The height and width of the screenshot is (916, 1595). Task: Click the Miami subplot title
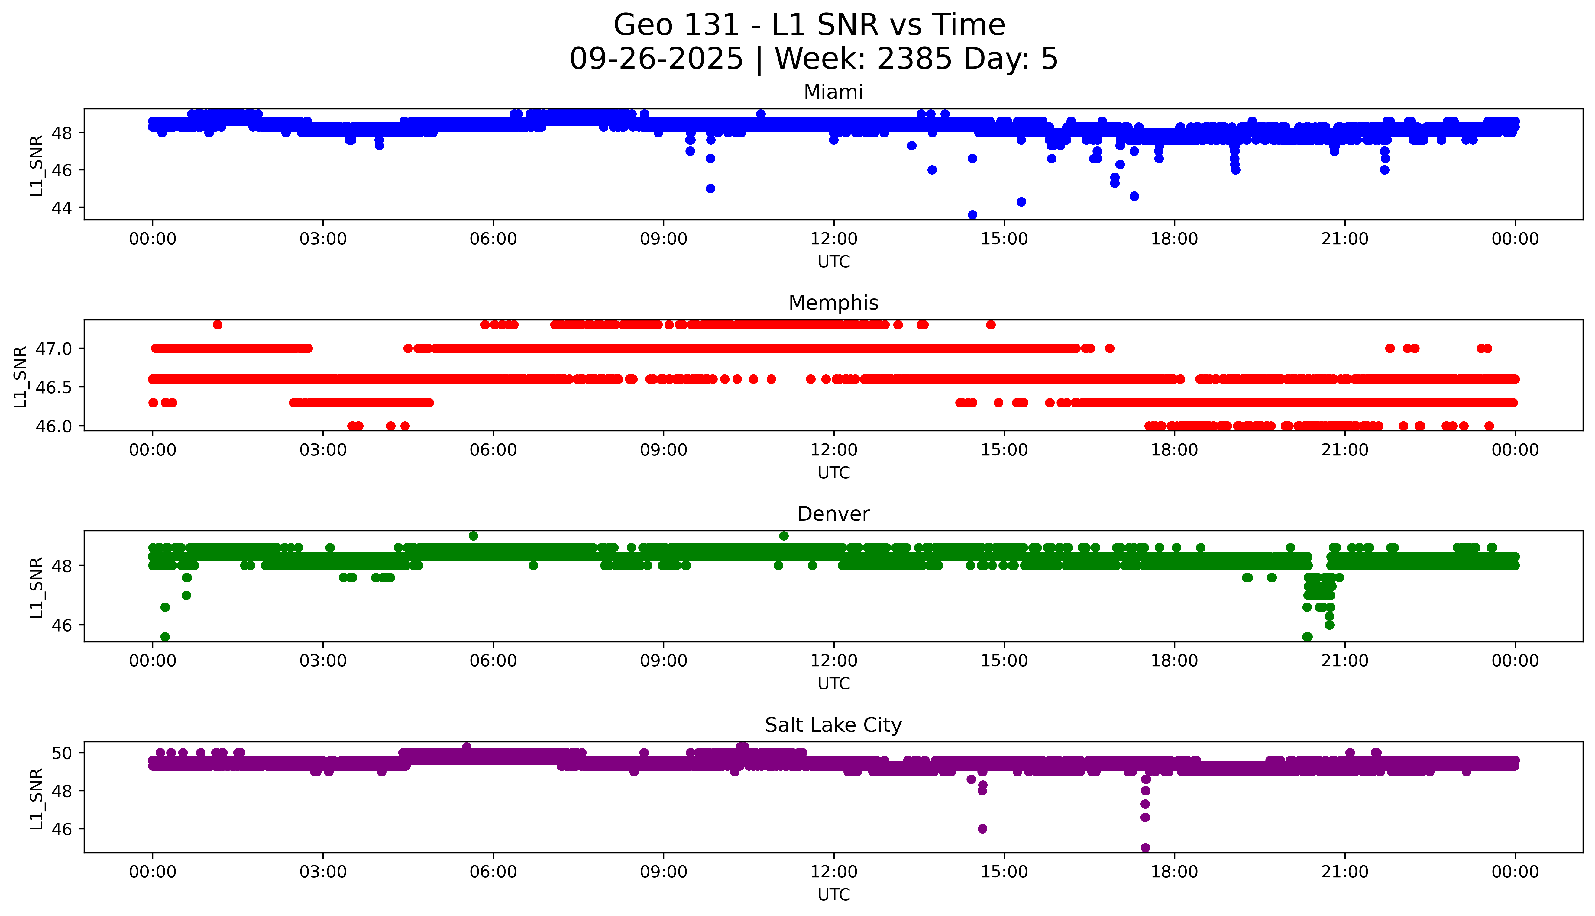pyautogui.click(x=833, y=92)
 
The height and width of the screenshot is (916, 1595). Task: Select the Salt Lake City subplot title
pyautogui.click(x=833, y=725)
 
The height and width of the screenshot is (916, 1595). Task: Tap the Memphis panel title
pyautogui.click(x=833, y=303)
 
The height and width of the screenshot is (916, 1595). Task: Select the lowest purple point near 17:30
pyautogui.click(x=1145, y=847)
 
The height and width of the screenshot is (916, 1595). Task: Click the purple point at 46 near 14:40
pyautogui.click(x=982, y=828)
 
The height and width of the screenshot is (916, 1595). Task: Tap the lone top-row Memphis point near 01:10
pyautogui.click(x=217, y=325)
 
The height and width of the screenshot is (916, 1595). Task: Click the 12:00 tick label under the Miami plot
pyautogui.click(x=833, y=239)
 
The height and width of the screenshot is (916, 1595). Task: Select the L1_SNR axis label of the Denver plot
pyautogui.click(x=37, y=587)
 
